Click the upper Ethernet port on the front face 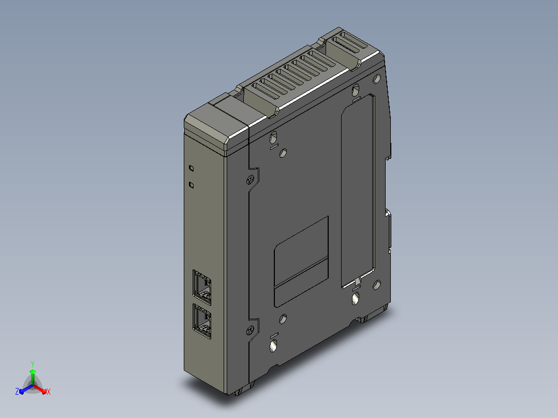(202, 288)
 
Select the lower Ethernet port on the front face (202, 321)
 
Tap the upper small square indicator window (191, 168)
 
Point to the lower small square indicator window (191, 185)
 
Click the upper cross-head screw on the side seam (251, 180)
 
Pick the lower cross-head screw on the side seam (250, 330)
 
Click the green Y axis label (33, 364)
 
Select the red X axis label (49, 392)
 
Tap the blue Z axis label (17, 392)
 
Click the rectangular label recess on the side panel (301, 261)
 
